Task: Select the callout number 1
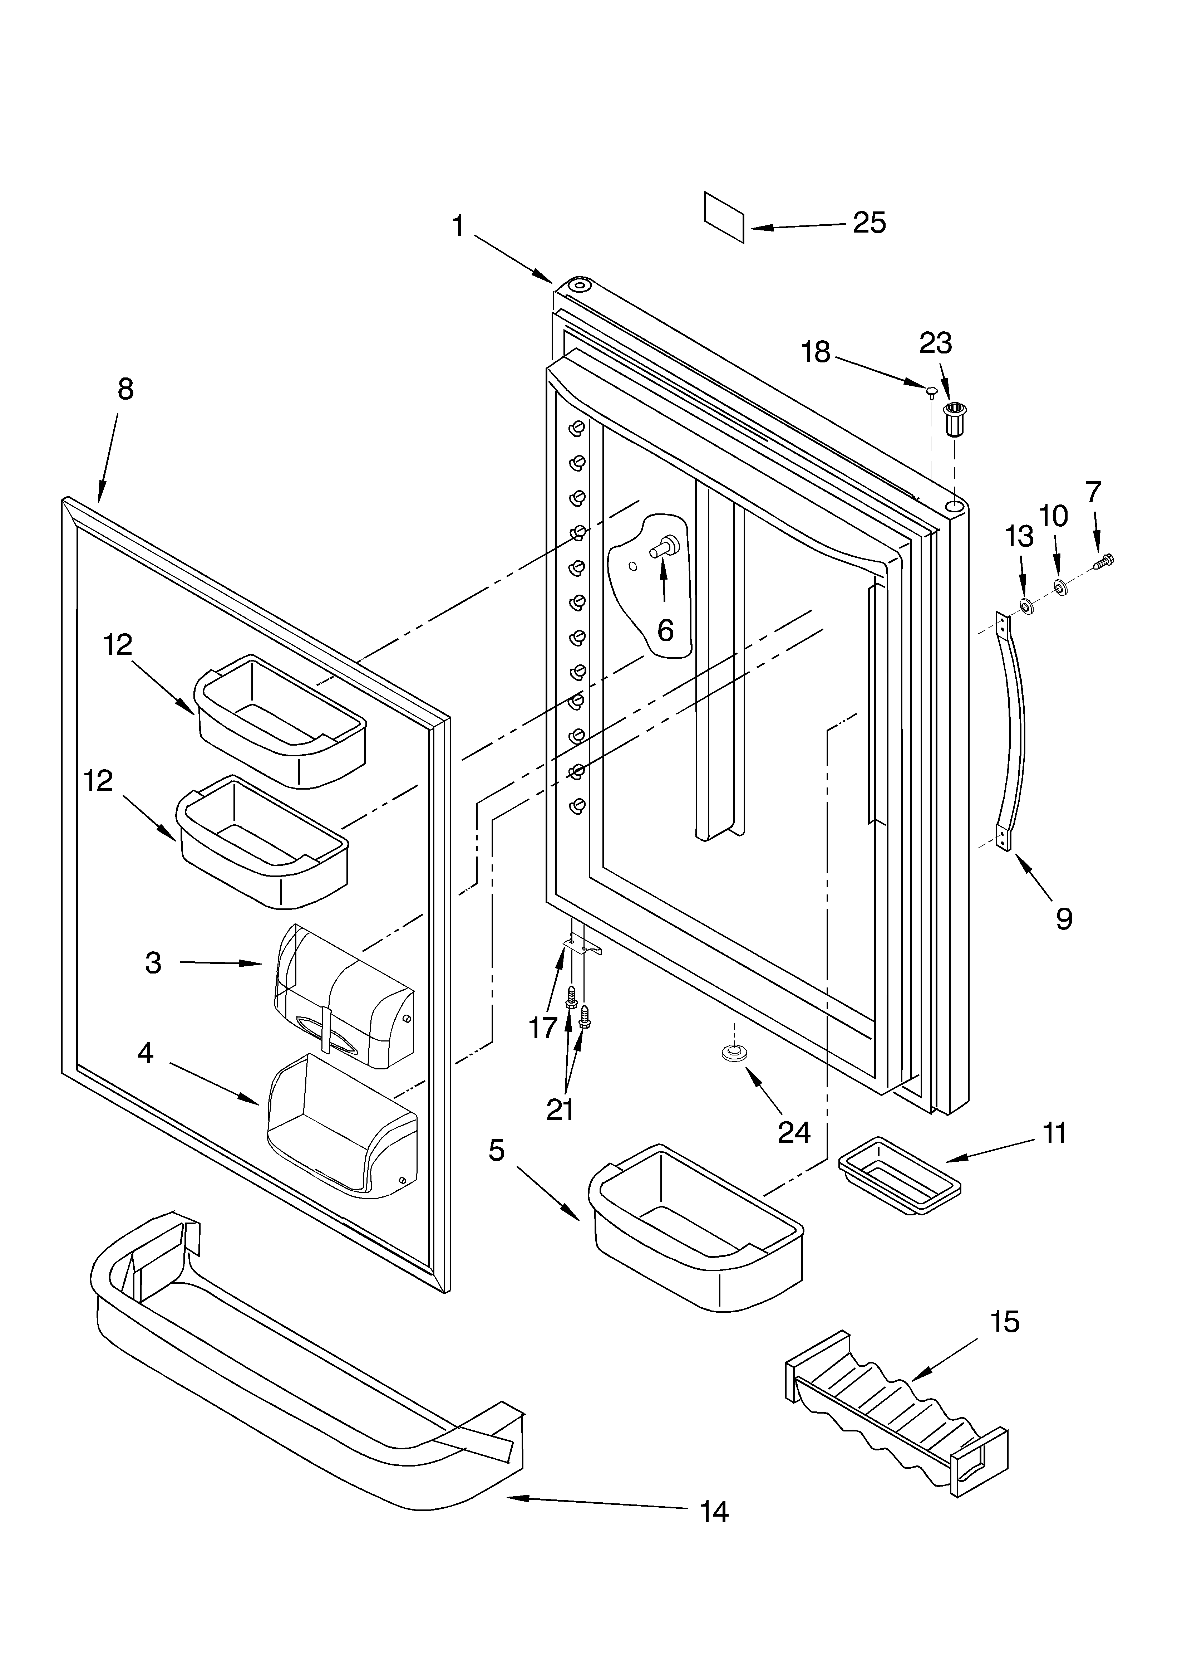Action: coord(458,226)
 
